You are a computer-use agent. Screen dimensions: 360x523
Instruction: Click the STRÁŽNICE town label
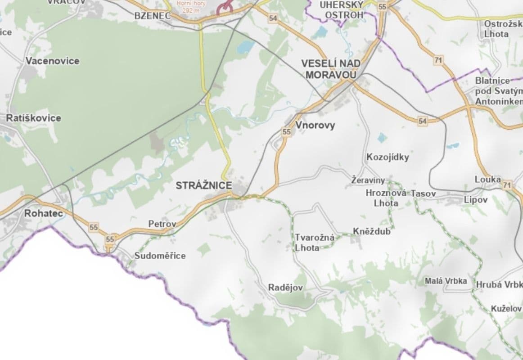coord(204,185)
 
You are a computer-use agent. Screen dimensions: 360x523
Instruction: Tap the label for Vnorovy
coord(315,126)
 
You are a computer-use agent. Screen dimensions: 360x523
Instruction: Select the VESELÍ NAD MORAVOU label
coord(331,69)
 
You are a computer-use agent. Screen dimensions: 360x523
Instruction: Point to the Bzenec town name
coord(153,16)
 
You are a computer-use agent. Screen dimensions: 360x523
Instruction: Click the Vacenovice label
coord(52,61)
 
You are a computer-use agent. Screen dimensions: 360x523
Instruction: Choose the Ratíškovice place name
coord(33,118)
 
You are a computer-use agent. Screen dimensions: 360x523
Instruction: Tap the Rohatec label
coord(43,213)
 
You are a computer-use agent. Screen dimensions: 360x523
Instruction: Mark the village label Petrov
coord(162,224)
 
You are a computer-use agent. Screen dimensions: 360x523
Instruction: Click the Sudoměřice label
coord(160,256)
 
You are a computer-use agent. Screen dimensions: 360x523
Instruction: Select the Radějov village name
coord(285,288)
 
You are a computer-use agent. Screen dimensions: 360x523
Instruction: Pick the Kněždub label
coord(371,232)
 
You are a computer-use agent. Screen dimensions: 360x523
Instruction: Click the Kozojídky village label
coord(388,157)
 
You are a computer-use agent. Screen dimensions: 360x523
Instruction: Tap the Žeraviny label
coord(368,180)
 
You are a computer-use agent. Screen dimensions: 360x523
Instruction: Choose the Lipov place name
coord(476,200)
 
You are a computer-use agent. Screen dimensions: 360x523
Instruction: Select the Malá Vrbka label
coord(446,281)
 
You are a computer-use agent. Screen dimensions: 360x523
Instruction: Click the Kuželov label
coord(506,309)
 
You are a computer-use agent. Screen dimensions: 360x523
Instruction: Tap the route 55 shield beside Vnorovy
coord(286,132)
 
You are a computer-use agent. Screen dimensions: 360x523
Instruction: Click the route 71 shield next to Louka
coord(508,185)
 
